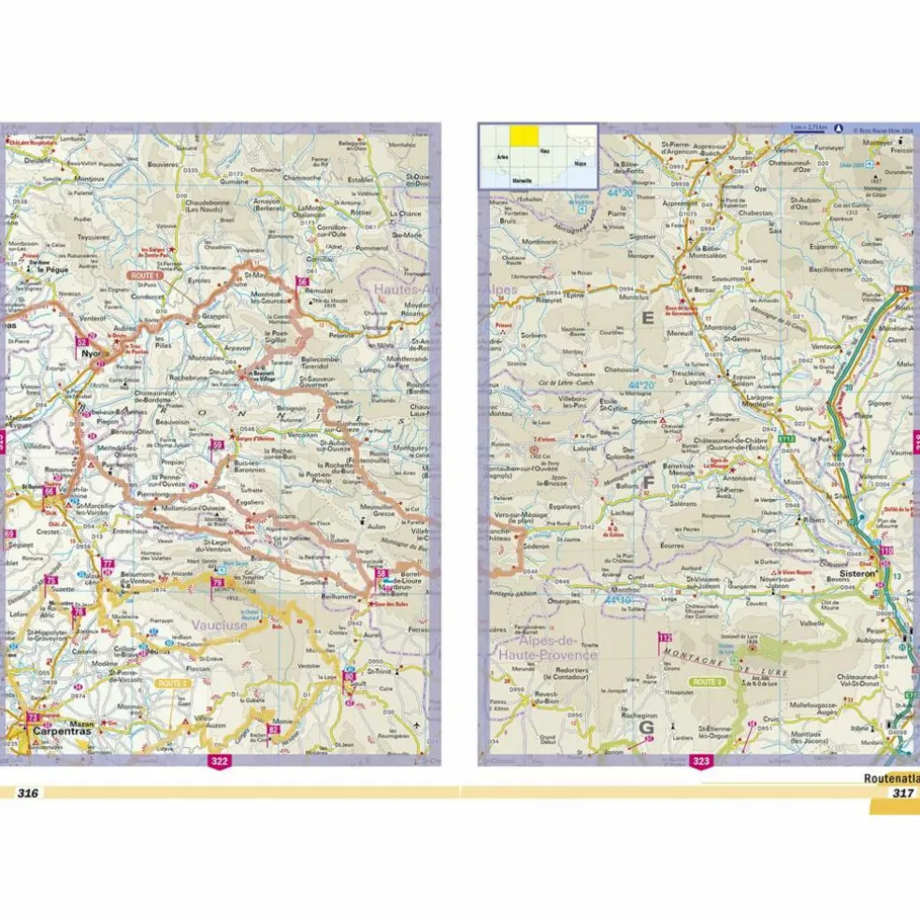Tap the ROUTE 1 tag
click(x=145, y=277)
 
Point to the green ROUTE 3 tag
click(x=706, y=683)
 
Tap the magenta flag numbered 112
click(x=665, y=639)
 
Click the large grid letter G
click(x=643, y=726)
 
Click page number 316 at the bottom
click(x=26, y=793)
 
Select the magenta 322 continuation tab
click(x=219, y=762)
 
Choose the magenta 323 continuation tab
click(x=700, y=762)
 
